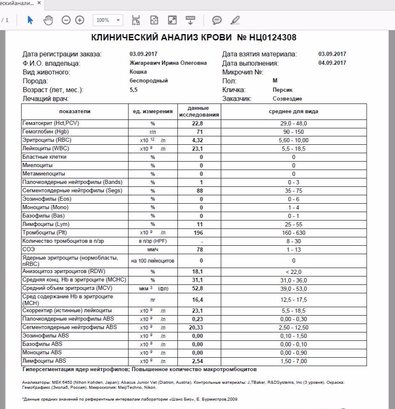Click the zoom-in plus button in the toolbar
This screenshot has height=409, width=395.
[x=80, y=20]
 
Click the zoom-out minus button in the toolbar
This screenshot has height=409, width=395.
[x=66, y=20]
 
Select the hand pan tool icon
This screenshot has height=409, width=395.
[x=48, y=20]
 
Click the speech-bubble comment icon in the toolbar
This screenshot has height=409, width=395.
[x=217, y=20]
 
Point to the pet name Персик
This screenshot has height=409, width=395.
[x=282, y=90]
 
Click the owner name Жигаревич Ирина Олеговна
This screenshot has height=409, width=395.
[x=168, y=63]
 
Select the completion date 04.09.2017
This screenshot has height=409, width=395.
[x=332, y=63]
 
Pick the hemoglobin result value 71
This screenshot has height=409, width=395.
[x=200, y=132]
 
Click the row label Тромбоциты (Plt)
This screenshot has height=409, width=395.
[x=42, y=233]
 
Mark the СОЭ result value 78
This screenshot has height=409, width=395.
[x=200, y=250]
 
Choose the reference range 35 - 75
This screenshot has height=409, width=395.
[x=294, y=191]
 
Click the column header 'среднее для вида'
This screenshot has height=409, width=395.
[x=294, y=112]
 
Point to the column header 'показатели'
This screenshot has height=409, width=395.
[x=75, y=112]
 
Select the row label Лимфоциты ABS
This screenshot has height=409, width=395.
[x=44, y=361]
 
